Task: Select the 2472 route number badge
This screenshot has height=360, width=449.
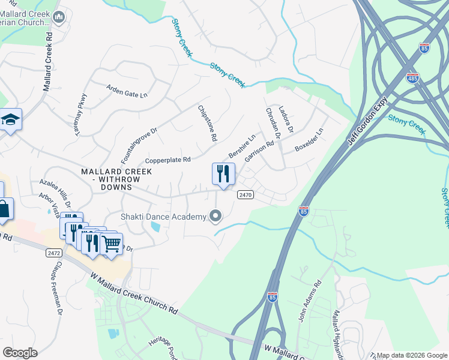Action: coord(53,253)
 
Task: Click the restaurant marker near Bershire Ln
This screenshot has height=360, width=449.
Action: coord(223,175)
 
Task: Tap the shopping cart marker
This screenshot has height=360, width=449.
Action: coord(111,245)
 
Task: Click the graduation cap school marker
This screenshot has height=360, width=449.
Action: coord(10,120)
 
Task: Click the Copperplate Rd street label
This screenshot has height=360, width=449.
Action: coord(168,160)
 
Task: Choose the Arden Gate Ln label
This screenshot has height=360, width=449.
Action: coord(127,91)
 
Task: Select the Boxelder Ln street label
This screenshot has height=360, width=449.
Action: coord(309,140)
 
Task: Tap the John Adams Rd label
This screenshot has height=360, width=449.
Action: coord(309,301)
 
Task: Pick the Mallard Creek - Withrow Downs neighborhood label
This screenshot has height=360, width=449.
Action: coord(116,179)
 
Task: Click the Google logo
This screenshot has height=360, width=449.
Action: coord(20,353)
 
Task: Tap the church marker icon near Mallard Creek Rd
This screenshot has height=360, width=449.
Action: coord(59,17)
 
